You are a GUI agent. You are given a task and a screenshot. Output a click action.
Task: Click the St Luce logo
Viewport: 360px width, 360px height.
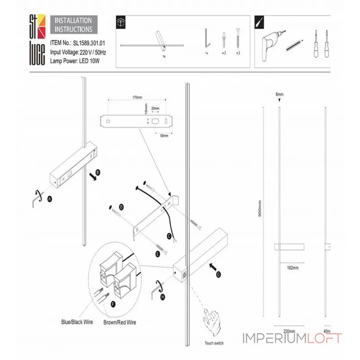37,40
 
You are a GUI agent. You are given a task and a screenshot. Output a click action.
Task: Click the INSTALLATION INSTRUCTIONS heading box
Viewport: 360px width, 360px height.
73,25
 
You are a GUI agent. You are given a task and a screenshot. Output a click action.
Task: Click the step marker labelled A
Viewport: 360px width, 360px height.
50,198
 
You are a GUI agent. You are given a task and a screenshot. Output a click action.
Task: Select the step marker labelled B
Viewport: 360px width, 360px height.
98,171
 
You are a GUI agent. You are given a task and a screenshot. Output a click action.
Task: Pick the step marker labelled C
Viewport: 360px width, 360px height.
169,235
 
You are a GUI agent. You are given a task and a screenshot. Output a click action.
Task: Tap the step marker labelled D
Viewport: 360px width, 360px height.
121,207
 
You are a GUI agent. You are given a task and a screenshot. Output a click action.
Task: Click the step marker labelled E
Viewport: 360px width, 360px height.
158,254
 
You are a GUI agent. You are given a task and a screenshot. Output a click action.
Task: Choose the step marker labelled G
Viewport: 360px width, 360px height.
219,274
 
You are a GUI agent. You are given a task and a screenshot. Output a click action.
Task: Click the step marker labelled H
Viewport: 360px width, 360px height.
162,297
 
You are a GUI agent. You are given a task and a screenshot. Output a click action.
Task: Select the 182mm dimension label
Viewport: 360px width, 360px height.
292,268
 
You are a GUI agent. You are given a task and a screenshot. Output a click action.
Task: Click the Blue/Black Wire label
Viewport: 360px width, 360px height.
77,322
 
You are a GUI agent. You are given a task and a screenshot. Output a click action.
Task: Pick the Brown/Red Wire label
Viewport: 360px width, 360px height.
120,322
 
